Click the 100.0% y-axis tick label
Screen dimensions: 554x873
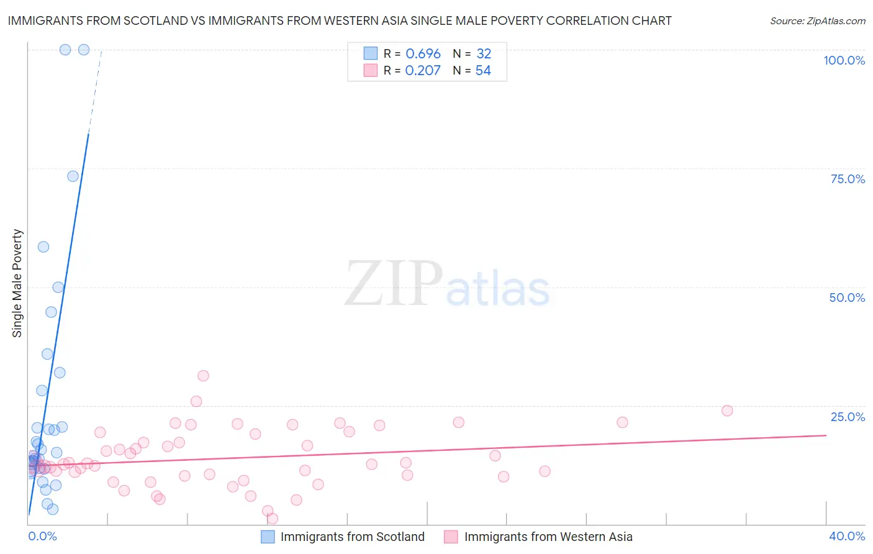(844, 60)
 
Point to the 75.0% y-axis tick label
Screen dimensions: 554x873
(848, 179)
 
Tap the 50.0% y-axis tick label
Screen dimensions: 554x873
(847, 297)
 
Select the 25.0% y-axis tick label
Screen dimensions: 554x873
(848, 417)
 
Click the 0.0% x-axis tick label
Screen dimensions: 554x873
(42, 536)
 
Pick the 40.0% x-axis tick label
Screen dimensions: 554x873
(847, 536)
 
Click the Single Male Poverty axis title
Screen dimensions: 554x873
(17, 283)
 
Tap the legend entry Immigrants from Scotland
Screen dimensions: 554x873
(352, 537)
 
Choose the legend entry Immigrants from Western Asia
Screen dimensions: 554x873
(548, 537)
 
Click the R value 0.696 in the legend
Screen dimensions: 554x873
(423, 54)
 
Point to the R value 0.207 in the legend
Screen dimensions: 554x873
(422, 71)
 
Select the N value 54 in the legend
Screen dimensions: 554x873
(483, 71)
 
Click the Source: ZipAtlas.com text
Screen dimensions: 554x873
(817, 21)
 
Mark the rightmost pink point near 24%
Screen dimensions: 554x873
(727, 411)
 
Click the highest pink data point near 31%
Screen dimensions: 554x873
(203, 376)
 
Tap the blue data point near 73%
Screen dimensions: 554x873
(73, 176)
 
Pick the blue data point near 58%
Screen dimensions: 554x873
(43, 247)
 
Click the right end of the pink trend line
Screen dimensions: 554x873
(826, 435)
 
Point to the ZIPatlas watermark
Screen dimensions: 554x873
(447, 284)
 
